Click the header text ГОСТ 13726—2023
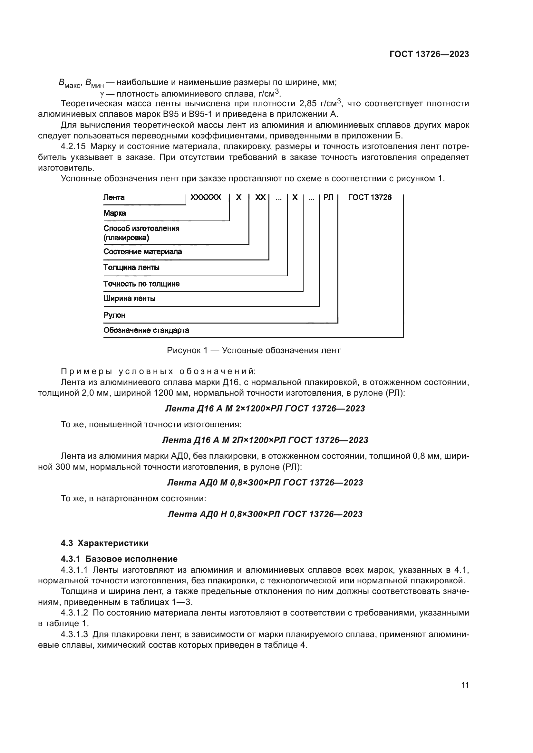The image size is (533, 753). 429,54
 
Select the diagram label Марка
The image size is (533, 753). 114,213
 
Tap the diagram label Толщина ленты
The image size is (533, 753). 131,267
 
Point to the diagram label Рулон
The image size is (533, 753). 114,315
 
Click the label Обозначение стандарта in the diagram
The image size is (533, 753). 146,330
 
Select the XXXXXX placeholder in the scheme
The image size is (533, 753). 206,197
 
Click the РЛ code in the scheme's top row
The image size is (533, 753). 328,197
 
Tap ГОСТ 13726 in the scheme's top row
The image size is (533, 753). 370,197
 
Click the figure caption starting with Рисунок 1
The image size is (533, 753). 253,351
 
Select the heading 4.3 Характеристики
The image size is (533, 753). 104,543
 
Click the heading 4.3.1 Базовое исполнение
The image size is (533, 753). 119,559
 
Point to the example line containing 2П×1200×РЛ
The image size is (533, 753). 265,440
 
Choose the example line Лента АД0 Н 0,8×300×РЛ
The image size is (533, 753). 265,514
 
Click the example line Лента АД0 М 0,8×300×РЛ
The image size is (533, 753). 265,483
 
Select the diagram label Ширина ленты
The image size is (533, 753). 129,299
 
